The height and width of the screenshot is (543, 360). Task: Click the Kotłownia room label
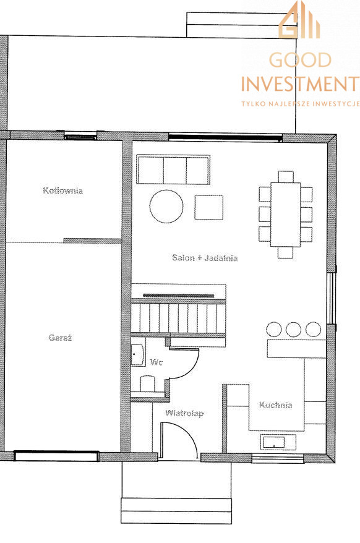click(62, 190)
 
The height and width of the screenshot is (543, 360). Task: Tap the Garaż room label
click(60, 338)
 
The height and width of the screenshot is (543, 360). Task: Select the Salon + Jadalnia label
click(205, 258)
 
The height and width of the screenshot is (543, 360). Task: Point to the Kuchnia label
click(276, 405)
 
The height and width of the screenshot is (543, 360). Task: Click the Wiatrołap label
click(184, 413)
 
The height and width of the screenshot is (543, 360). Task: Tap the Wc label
click(156, 362)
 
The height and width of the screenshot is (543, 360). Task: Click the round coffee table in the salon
click(166, 207)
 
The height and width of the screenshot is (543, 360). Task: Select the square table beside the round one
click(208, 207)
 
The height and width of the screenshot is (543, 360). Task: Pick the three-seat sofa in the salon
click(173, 169)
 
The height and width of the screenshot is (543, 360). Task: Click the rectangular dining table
click(286, 215)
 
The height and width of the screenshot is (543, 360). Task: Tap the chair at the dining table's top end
click(286, 177)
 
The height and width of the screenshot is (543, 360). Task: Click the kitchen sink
click(274, 442)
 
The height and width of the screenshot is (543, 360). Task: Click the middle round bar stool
click(293, 330)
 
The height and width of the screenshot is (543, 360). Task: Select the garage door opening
click(56, 456)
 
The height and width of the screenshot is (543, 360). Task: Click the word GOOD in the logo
click(300, 60)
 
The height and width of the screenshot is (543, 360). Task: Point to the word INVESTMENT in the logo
click(300, 84)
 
